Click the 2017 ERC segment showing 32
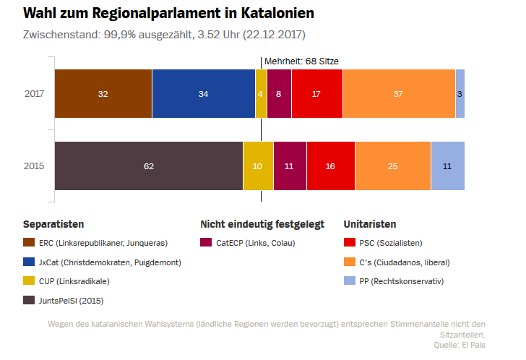pos(103,94)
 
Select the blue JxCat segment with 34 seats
pos(203,94)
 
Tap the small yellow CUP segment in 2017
pos(261,94)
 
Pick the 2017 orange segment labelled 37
pos(399,94)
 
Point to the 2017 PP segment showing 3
pos(460,94)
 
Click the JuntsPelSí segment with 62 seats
pos(149,166)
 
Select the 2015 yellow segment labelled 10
pos(258,166)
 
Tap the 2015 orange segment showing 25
pos(393,166)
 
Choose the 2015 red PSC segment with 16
pos(331,166)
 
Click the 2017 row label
pos(34,94)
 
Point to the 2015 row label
pos(34,166)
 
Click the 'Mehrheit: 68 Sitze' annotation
pos(301,61)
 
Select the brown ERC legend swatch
pos(30,242)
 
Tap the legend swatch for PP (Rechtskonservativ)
pos(350,280)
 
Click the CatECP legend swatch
pos(207,242)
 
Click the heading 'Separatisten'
pos(53,224)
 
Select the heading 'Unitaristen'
pos(370,224)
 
